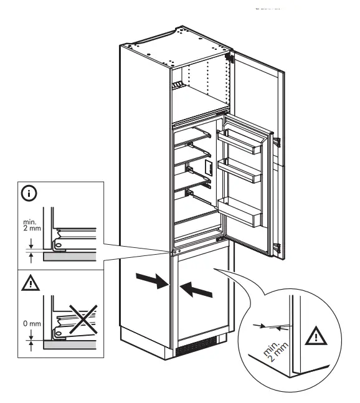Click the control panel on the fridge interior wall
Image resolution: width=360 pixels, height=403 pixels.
(x=209, y=166)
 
